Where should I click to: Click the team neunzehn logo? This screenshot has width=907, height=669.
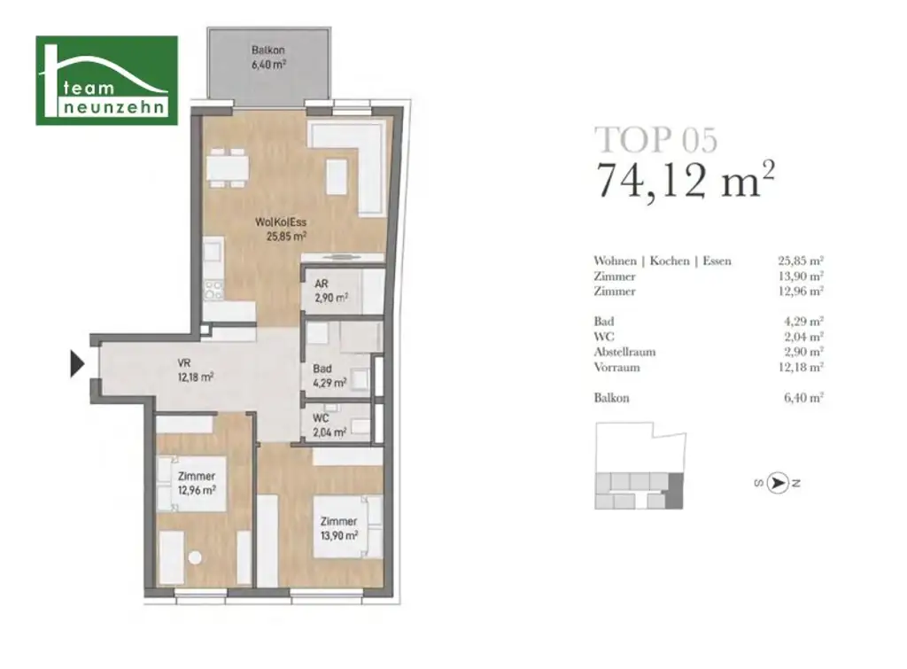(x=106, y=81)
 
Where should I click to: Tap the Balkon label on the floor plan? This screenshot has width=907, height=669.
(x=267, y=57)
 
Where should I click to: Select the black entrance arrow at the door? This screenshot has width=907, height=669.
(x=77, y=364)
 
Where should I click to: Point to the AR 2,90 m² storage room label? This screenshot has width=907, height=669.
(x=329, y=292)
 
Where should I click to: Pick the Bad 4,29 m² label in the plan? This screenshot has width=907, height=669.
(x=329, y=377)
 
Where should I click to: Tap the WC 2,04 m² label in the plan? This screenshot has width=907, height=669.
(x=329, y=426)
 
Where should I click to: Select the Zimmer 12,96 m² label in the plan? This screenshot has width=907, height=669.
(x=195, y=483)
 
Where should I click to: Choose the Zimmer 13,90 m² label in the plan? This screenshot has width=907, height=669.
(x=338, y=528)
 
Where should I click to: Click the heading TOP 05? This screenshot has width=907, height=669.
(x=655, y=140)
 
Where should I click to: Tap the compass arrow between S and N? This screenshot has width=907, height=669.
(x=778, y=483)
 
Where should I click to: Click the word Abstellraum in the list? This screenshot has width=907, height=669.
(x=624, y=352)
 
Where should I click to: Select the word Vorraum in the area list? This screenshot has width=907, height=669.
(x=616, y=367)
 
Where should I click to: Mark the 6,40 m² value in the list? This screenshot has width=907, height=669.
(x=803, y=398)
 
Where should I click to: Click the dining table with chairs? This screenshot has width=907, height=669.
(x=226, y=167)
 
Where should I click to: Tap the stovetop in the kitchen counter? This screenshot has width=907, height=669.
(x=213, y=289)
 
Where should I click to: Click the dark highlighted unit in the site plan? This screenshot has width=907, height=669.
(x=674, y=492)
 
